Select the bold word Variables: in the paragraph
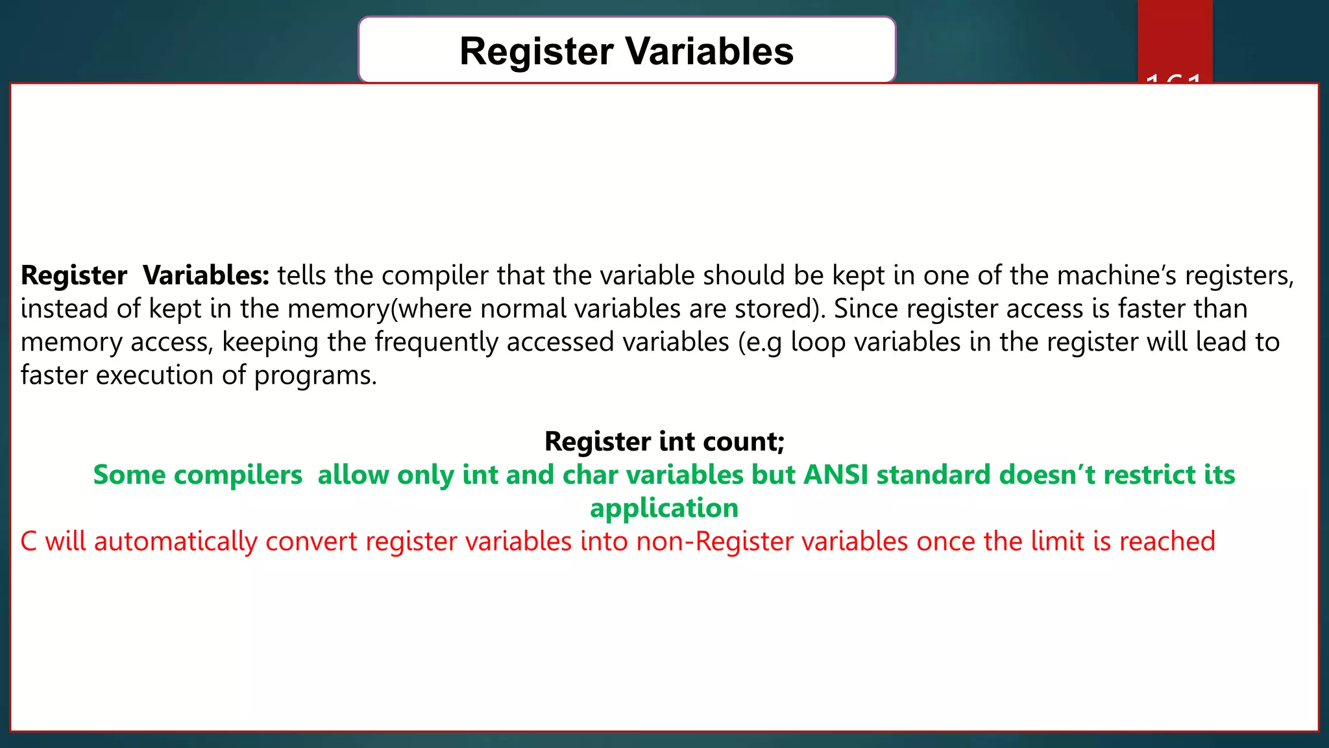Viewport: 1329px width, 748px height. [206, 275]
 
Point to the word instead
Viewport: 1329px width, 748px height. [64, 308]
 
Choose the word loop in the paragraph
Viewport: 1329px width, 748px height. [818, 342]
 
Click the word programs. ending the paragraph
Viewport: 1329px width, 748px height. [315, 375]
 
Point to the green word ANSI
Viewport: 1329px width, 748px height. [836, 475]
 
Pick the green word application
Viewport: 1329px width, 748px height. [664, 508]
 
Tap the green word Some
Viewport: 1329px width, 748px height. [130, 475]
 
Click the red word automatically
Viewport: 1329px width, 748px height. [175, 542]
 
